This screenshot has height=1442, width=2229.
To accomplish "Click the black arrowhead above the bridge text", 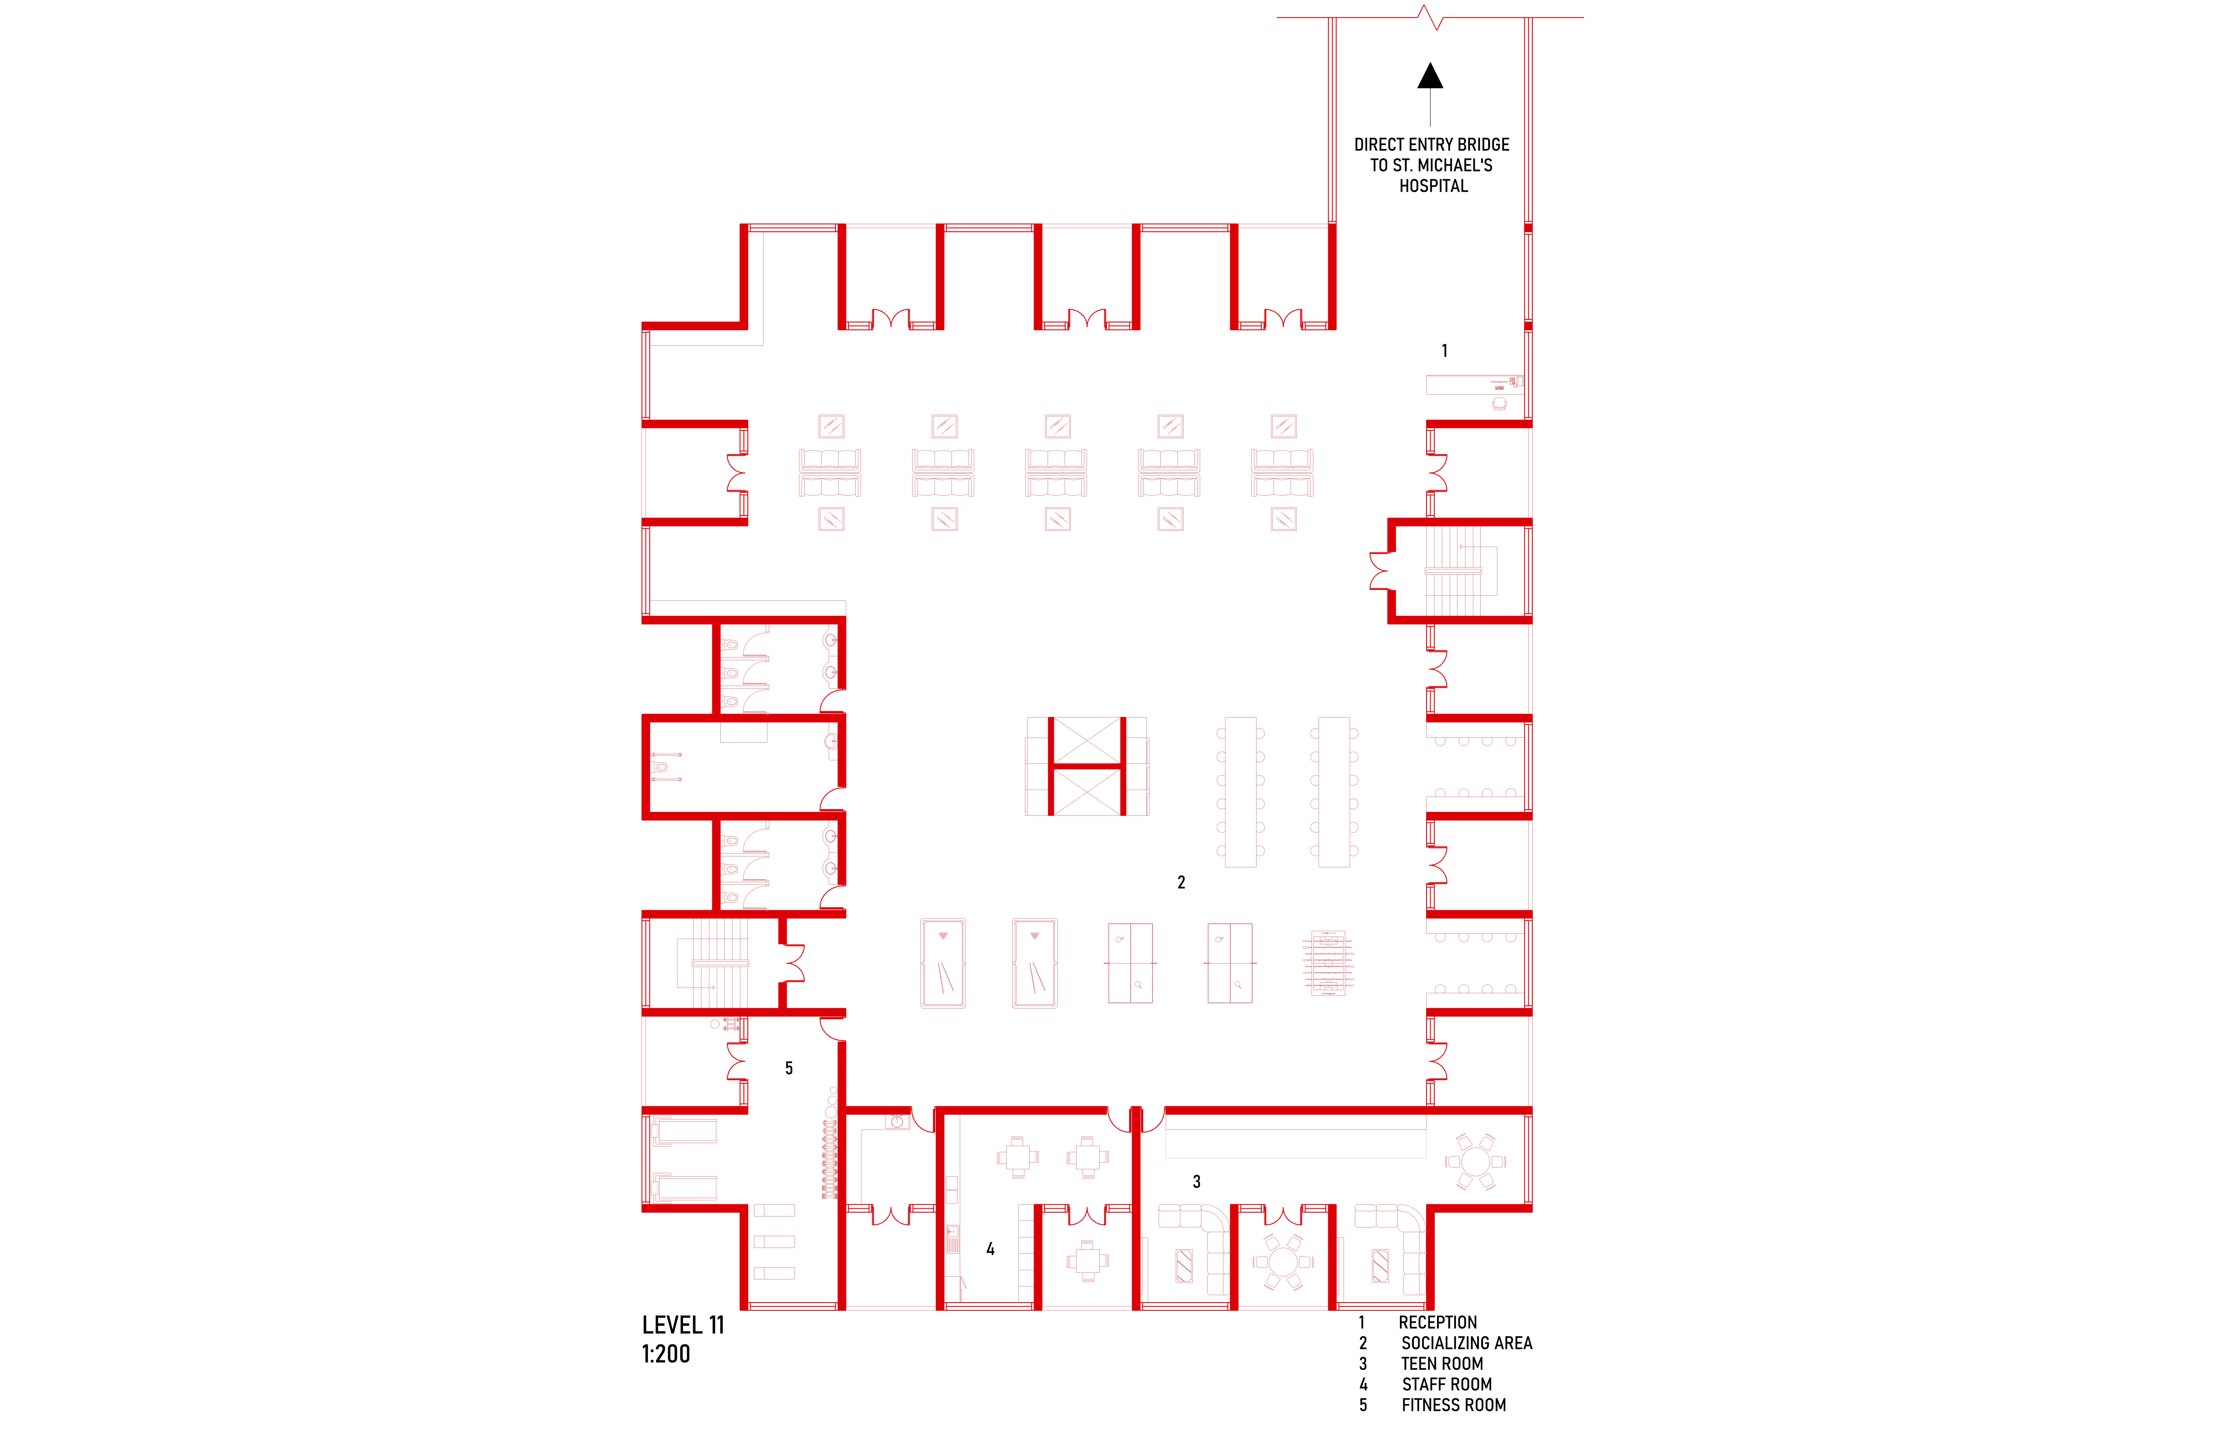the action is pyautogui.click(x=1430, y=76).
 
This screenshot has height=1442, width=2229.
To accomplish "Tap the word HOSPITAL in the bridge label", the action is pyautogui.click(x=1433, y=186).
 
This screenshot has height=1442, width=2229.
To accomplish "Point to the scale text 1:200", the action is pyautogui.click(x=666, y=1354).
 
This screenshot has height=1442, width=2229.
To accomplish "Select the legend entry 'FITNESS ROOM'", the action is pyautogui.click(x=1454, y=1405).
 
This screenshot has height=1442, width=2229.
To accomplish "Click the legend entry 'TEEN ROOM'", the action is pyautogui.click(x=1442, y=1364).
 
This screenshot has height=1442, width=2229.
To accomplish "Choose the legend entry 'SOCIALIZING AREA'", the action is pyautogui.click(x=1467, y=1344).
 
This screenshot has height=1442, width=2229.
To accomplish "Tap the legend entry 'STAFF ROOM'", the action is pyautogui.click(x=1447, y=1385).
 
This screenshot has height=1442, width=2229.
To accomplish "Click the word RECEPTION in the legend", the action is pyautogui.click(x=1437, y=1323).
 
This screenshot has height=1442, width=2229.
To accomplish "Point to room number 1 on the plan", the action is pyautogui.click(x=1444, y=351).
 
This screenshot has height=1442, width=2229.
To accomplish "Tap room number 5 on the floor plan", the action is pyautogui.click(x=788, y=1068).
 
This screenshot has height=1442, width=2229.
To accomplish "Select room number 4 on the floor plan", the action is pyautogui.click(x=990, y=1249).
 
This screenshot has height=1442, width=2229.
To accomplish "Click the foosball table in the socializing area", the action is pyautogui.click(x=1328, y=963).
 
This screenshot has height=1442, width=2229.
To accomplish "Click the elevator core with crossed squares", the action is pyautogui.click(x=1087, y=766).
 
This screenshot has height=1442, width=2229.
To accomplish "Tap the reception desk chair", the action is pyautogui.click(x=1500, y=404).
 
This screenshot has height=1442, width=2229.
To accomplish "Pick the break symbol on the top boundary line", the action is pyautogui.click(x=1430, y=17).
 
